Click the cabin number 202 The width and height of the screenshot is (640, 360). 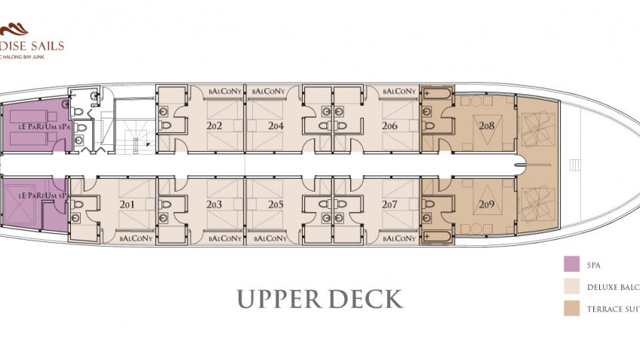[214, 126]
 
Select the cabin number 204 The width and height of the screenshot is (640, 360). [275, 126]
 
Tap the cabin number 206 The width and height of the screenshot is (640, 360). [389, 126]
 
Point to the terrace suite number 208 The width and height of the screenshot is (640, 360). [486, 127]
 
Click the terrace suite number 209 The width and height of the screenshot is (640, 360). [486, 204]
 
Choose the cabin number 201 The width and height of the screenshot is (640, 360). [127, 205]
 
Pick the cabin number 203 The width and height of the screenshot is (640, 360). [214, 205]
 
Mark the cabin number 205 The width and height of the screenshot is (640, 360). [275, 205]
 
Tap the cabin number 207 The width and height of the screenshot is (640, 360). [389, 205]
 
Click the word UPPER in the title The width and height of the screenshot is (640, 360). [282, 298]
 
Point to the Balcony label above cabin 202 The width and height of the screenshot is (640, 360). [224, 91]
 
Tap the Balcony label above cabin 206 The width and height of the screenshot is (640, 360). [399, 91]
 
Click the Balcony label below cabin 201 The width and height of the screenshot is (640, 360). [137, 238]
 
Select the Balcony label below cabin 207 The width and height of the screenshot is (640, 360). [399, 238]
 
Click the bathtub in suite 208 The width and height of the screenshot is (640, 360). [438, 94]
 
